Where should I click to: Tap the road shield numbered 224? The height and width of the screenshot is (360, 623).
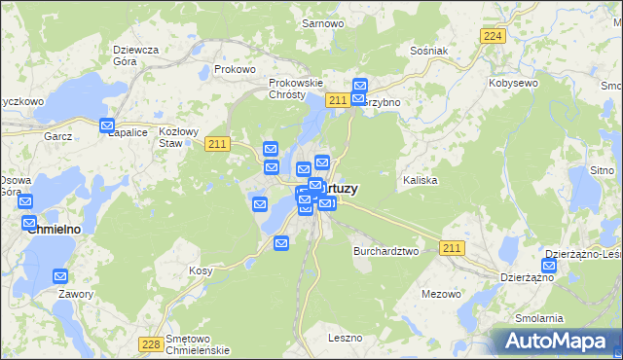click(x=494, y=35)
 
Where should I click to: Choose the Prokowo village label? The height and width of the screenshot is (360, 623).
click(x=235, y=70)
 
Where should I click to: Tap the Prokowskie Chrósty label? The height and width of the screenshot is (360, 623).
click(x=295, y=90)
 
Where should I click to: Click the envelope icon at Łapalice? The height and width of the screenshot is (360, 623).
click(x=108, y=126)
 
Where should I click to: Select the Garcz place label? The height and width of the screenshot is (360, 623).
click(x=58, y=137)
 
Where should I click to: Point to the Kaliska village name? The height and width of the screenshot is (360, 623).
click(x=420, y=181)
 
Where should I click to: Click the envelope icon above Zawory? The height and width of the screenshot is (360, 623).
click(x=60, y=276)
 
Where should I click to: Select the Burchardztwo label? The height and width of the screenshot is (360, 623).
click(x=385, y=250)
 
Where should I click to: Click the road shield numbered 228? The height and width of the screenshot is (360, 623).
click(x=151, y=343)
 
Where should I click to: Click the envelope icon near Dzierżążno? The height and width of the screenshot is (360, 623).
click(x=550, y=266)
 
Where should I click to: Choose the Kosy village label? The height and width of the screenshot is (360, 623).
click(x=201, y=270)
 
